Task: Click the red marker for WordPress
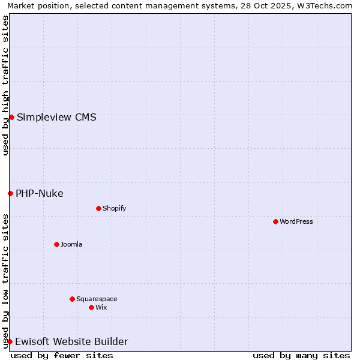pos(275,221)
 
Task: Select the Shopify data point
pos(98,208)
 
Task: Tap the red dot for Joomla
pos(56,244)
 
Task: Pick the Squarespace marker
pos(72,299)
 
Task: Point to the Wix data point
pos(91,307)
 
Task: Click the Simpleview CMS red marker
pos(11,117)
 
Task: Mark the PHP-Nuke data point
pos(10,193)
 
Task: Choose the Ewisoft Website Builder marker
pos(10,341)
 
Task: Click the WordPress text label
pos(296,221)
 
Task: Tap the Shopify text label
pos(114,208)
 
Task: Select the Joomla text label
pos(71,244)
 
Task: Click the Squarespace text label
pos(97,299)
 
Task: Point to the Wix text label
pos(101,307)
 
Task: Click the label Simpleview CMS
pos(56,117)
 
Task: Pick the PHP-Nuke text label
pos(40,193)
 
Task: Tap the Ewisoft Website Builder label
pos(71,341)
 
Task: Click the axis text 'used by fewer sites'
pos(62,355)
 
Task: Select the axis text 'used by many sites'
pos(301,355)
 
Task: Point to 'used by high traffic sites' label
pos(5,85)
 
